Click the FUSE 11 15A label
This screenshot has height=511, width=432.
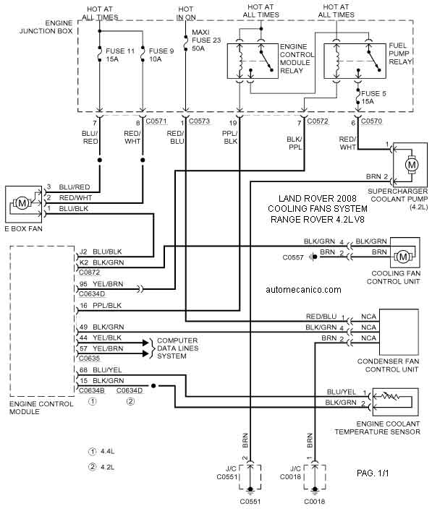pyautogui.click(x=120, y=55)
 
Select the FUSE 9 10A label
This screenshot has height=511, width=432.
pyautogui.click(x=161, y=55)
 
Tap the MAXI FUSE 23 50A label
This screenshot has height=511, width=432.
pyautogui.click(x=206, y=40)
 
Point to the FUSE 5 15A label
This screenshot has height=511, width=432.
pyautogui.click(x=373, y=98)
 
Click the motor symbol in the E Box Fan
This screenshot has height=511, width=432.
pyautogui.click(x=22, y=204)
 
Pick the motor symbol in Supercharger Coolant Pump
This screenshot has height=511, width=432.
pyautogui.click(x=412, y=165)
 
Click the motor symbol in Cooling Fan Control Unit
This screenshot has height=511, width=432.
pyautogui.click(x=403, y=257)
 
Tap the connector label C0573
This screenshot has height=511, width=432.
pyautogui.click(x=199, y=121)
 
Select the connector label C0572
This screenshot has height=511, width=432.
pyautogui.click(x=318, y=121)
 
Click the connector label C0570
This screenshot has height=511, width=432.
pyautogui.click(x=371, y=121)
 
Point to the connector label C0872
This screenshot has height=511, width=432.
pyautogui.click(x=90, y=272)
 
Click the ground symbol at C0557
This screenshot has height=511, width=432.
pyautogui.click(x=313, y=257)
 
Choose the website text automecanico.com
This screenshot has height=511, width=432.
pyautogui.click(x=303, y=290)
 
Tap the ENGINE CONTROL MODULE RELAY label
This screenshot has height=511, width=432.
pyautogui.click(x=297, y=59)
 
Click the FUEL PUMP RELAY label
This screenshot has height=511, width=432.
pyautogui.click(x=400, y=53)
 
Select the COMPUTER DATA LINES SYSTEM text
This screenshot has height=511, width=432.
pyautogui.click(x=177, y=348)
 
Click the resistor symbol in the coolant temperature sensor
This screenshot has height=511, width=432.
pyautogui.click(x=391, y=397)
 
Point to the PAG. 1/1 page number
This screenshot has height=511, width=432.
pyautogui.click(x=373, y=473)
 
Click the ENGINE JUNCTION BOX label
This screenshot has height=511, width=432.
pyautogui.click(x=46, y=27)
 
